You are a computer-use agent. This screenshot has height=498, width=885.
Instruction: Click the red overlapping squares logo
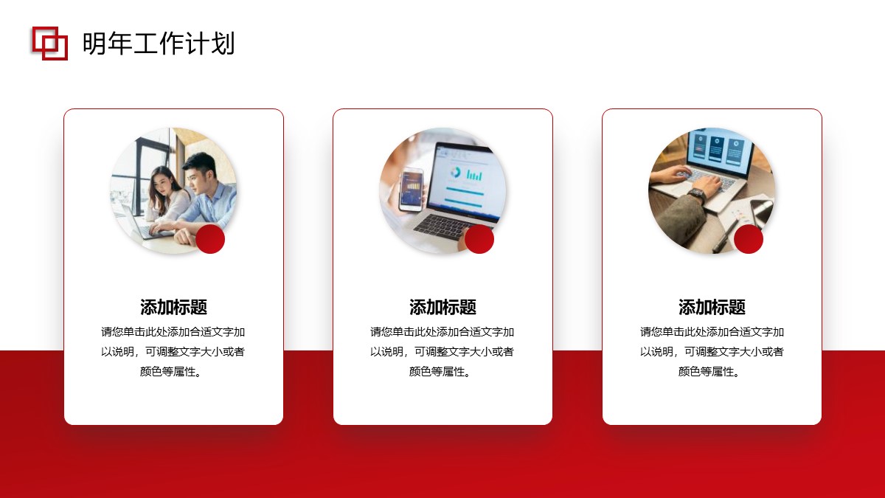tap(50, 44)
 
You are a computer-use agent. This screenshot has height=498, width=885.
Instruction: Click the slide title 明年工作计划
tap(159, 43)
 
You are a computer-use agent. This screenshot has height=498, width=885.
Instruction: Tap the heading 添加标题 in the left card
tap(173, 307)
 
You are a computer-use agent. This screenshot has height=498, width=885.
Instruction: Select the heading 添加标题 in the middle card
tap(442, 307)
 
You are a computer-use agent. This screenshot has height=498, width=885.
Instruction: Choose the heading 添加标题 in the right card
tap(712, 307)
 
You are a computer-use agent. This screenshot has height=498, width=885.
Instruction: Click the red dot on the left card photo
tap(210, 239)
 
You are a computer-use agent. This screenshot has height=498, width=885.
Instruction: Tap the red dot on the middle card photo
tap(479, 239)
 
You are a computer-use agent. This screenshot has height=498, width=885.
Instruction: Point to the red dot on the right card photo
tap(749, 239)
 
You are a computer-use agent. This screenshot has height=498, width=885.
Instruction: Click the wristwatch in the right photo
tap(697, 195)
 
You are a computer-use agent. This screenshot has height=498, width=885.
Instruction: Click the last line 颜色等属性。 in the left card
tap(171, 372)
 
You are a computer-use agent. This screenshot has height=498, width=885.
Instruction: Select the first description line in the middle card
tap(442, 331)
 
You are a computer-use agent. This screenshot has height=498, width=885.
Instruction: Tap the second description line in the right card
tap(712, 351)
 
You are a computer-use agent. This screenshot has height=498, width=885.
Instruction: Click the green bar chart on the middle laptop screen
tap(474, 175)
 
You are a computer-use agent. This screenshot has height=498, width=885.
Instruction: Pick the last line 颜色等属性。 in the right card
tap(709, 372)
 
